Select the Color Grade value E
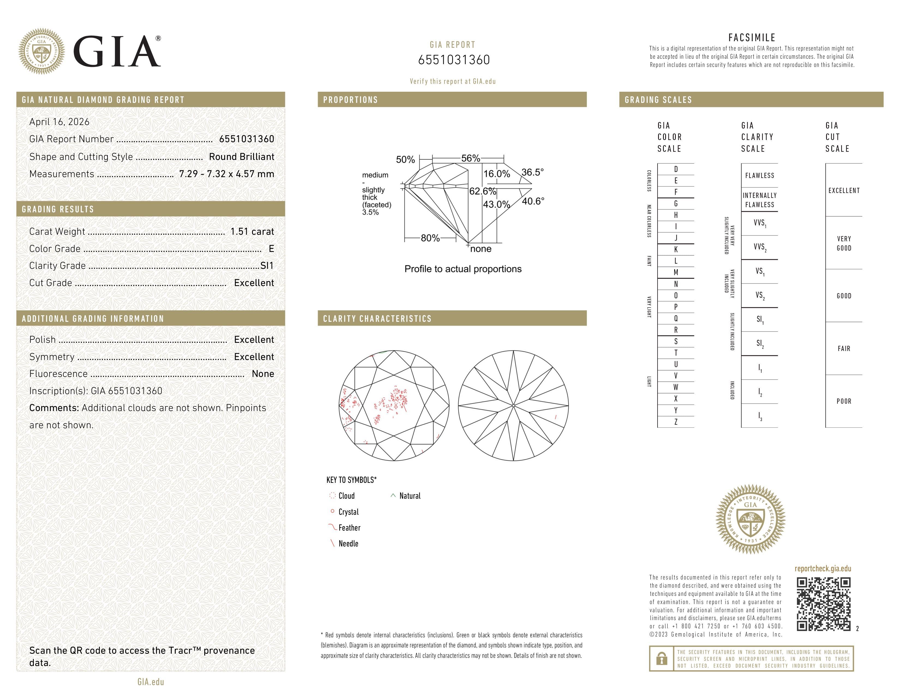coord(271,249)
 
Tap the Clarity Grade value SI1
coord(267,266)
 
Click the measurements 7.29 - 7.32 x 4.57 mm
coord(226,174)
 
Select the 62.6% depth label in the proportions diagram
coord(482,191)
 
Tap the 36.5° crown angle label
coord(532,172)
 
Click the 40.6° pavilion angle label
coord(533,201)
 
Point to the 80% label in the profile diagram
coord(430,238)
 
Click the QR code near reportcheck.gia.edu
coord(823,604)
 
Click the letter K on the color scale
coord(676,249)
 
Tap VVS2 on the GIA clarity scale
coord(760,247)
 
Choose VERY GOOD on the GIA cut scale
coord(844,243)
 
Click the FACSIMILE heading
coord(752,37)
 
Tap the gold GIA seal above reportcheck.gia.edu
coord(751,519)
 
